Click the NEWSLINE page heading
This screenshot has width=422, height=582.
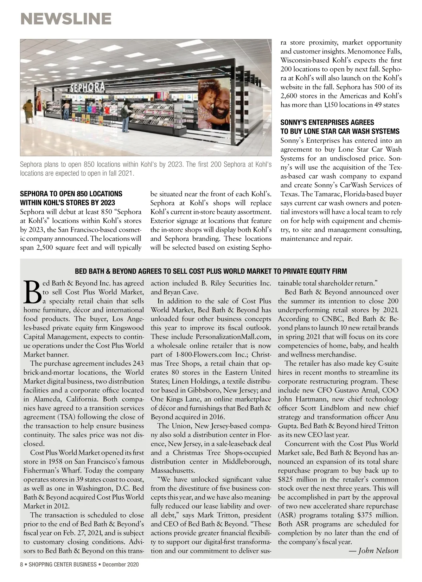[66, 19]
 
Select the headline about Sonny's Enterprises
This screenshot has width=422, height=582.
[340, 127]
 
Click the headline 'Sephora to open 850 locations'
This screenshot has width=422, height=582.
[71, 198]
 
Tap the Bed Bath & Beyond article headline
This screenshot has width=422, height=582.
[211, 271]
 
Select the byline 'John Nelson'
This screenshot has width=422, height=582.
[378, 550]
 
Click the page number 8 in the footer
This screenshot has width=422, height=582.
[21, 564]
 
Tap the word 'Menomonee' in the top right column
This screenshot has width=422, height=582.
[364, 51]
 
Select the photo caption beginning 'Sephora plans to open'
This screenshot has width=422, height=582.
[146, 169]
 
